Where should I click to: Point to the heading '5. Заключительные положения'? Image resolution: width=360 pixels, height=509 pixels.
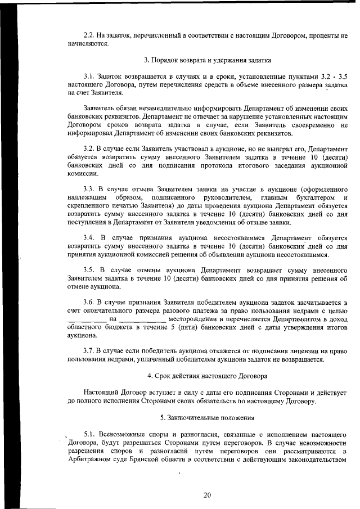point(207,418)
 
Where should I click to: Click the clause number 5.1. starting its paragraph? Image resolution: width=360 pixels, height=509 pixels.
point(92,434)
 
